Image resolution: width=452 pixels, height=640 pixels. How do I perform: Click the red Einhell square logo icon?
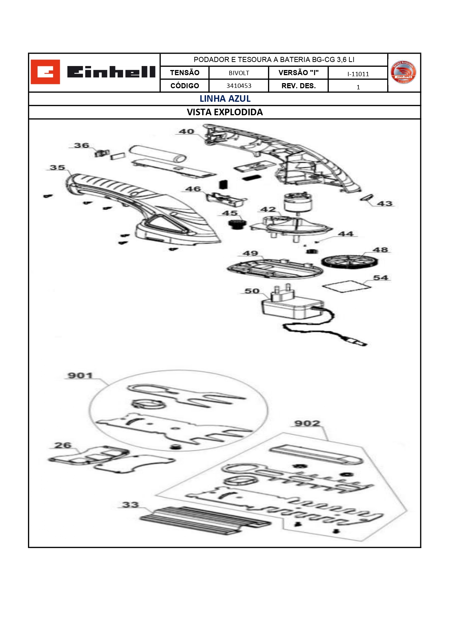45,72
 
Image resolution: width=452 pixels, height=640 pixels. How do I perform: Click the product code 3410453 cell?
239,86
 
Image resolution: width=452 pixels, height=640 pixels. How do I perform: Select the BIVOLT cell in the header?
239,73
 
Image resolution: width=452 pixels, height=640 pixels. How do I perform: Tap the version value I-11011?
358,74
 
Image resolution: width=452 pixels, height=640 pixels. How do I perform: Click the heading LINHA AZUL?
225,99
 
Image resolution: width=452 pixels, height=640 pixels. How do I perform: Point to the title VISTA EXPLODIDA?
225,112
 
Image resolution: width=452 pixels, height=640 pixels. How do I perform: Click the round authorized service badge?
403,72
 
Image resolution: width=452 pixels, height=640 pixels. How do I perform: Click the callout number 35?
58,167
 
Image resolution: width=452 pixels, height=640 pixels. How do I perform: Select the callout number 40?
186,131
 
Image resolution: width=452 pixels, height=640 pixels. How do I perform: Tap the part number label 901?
80,375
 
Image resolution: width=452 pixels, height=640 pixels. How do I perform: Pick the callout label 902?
307,423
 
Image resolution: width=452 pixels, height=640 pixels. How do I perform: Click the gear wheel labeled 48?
349,261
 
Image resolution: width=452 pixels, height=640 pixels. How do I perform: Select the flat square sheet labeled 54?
347,286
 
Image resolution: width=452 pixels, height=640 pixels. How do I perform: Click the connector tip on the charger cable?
357,342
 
